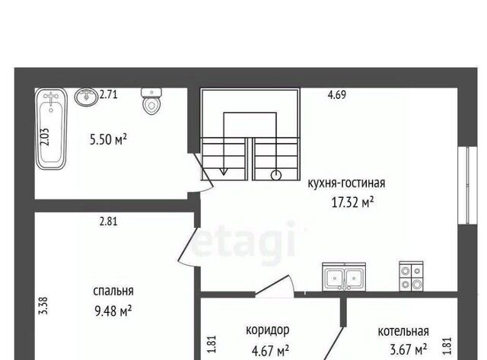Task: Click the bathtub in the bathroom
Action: coord(51,129)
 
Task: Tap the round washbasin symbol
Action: coord(86,97)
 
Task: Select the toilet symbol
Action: coord(151,101)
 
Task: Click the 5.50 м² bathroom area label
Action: coord(108,139)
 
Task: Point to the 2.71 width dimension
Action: coord(108,94)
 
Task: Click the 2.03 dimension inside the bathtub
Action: coord(45,137)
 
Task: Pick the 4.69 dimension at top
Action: coord(337,94)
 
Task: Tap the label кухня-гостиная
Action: coord(346,183)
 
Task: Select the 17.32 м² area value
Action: coord(352,202)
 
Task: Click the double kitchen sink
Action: coord(344,277)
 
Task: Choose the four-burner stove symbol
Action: coord(411,276)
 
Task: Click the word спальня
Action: coord(113,291)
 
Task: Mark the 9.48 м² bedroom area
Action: coord(113,311)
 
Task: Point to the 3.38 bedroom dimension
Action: coord(43,306)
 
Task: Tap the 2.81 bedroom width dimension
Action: coord(109,221)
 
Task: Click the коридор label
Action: coord(267,330)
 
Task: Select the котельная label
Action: coord(403,331)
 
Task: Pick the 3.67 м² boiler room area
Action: coord(408,350)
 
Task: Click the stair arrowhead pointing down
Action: coord(223,171)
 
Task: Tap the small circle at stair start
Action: coord(276,176)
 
